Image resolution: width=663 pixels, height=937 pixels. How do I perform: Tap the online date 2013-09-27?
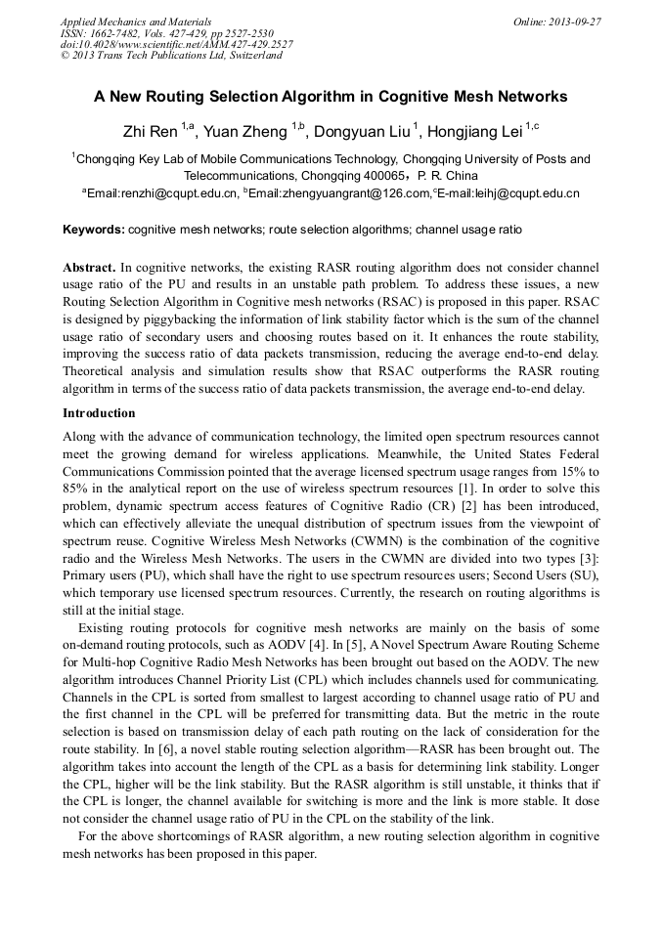click(x=573, y=21)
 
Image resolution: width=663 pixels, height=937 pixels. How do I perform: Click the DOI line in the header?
click(x=176, y=44)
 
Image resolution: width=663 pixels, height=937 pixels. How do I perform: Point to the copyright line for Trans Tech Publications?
click(x=171, y=56)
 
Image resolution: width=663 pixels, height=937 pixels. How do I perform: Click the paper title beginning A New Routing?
click(x=331, y=97)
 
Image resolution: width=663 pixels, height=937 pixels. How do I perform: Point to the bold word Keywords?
click(x=93, y=230)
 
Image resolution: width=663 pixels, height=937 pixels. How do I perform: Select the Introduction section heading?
click(x=99, y=412)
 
